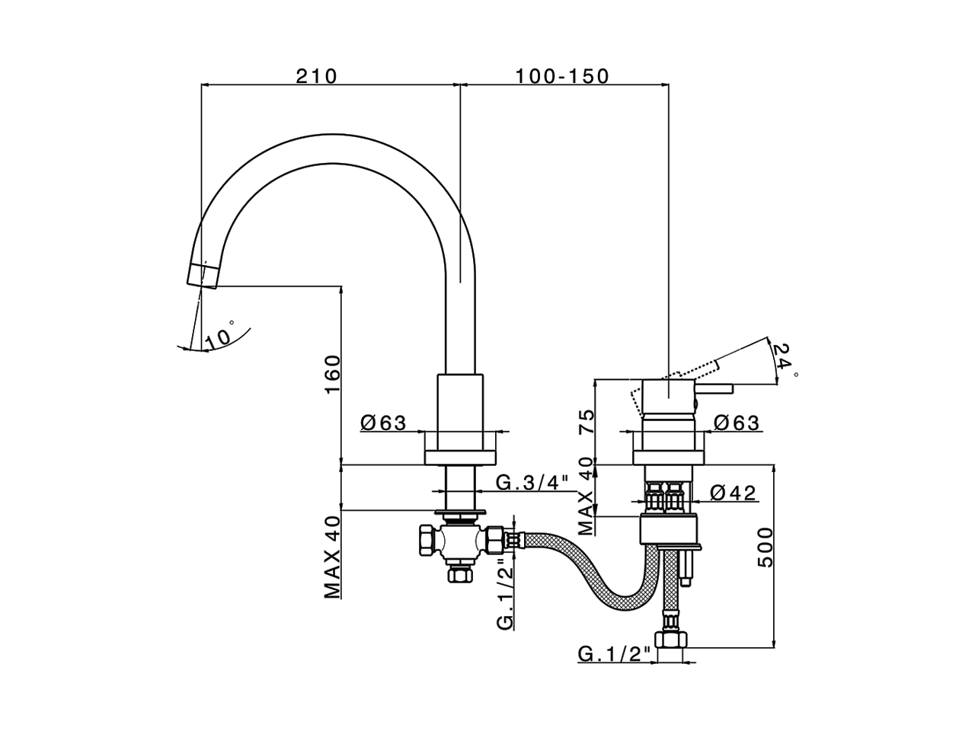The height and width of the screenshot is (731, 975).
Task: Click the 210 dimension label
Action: pos(316,76)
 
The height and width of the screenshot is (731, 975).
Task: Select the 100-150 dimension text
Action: pos(562,76)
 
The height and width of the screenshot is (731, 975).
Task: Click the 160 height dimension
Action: pos(332,375)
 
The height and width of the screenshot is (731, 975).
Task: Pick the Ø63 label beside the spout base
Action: pos(385,423)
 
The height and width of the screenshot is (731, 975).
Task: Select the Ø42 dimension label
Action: pos(734,493)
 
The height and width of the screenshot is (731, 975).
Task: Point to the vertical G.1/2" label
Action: pos(505,594)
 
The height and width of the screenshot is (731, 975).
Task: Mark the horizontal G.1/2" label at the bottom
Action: pos(615,653)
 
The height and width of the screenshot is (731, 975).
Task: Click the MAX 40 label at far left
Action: pos(332,557)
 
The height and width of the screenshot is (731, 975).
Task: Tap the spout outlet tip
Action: pos(203,275)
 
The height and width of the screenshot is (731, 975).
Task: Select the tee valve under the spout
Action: pos(457,542)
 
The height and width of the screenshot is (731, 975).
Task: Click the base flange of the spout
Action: pos(460,457)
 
